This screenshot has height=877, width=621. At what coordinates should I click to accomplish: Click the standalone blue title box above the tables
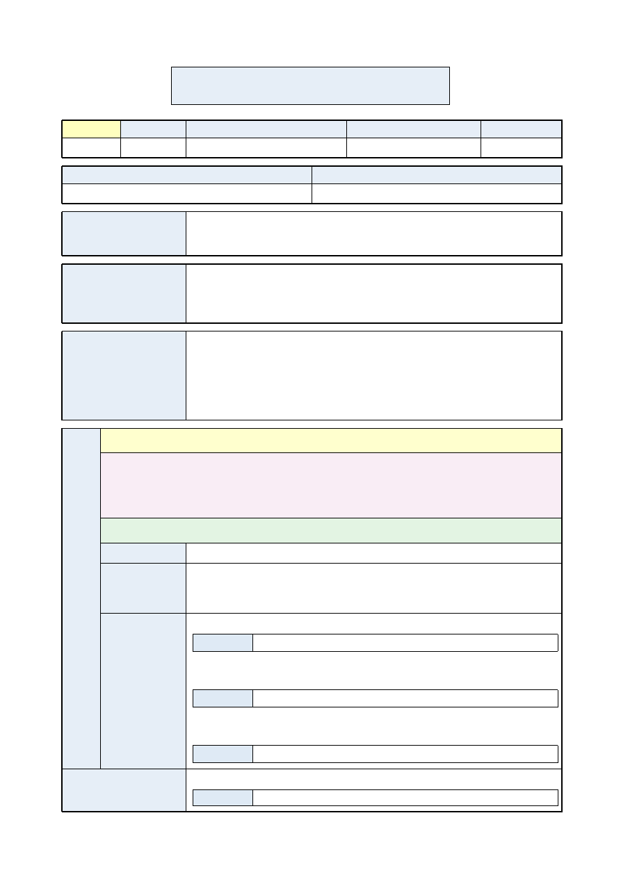(x=310, y=85)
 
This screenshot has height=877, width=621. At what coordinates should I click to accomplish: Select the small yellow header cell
(x=91, y=129)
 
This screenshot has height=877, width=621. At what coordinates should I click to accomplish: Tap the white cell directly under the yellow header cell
(x=91, y=147)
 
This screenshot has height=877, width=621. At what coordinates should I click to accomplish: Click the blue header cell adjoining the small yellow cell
(x=153, y=129)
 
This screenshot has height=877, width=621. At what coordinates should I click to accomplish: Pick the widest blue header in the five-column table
(x=266, y=129)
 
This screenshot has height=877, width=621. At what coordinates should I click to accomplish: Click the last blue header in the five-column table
(x=521, y=129)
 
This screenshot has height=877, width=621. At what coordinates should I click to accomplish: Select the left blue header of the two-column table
(x=186, y=174)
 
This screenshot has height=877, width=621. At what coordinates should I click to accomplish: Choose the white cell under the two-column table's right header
(x=437, y=193)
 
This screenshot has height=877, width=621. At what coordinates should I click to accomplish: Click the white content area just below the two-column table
(x=373, y=233)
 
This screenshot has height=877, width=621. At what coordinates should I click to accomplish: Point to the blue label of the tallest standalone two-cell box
(x=124, y=375)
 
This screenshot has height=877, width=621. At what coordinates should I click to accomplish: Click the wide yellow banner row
(x=331, y=441)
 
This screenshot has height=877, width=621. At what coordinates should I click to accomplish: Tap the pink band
(x=331, y=485)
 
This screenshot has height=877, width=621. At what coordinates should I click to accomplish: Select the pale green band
(x=331, y=530)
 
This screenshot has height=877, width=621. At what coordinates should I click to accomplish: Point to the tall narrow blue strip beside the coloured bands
(x=81, y=598)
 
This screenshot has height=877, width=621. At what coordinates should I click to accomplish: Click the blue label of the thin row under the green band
(x=143, y=552)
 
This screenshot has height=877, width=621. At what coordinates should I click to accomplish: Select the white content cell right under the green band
(x=373, y=552)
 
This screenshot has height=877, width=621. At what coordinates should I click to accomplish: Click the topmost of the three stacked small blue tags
(x=223, y=643)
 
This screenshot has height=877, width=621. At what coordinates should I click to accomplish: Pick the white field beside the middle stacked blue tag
(x=405, y=698)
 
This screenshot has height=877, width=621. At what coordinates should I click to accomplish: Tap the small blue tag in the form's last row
(x=223, y=798)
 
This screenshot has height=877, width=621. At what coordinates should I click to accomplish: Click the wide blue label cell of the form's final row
(x=124, y=790)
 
